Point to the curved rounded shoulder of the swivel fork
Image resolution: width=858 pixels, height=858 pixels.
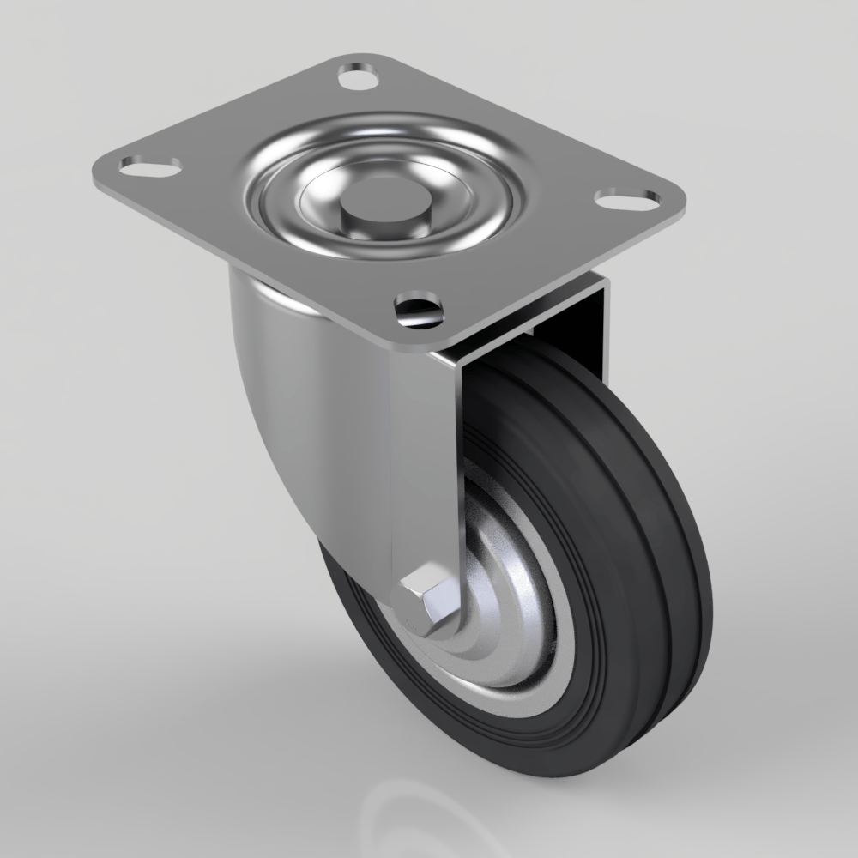(275, 386)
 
